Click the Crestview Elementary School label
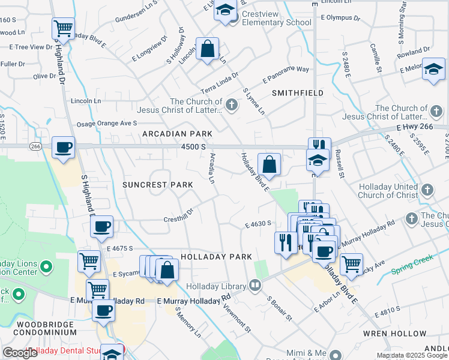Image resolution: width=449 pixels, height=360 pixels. click(276, 22)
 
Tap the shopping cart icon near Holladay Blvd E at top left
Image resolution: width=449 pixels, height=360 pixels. click(63, 28)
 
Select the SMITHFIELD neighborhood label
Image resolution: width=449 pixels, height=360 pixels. click(298, 93)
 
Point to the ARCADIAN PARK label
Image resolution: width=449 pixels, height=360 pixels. click(177, 133)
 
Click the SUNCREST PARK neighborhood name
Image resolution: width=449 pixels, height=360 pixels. click(157, 185)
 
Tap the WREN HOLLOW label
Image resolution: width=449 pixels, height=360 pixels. click(390, 333)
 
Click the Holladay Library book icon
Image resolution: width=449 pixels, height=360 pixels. click(256, 285)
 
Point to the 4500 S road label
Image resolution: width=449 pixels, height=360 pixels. click(194, 147)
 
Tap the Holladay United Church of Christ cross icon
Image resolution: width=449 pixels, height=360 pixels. click(427, 191)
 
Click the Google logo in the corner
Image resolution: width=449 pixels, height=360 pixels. click(20, 353)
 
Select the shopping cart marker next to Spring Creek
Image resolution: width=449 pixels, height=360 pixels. click(351, 263)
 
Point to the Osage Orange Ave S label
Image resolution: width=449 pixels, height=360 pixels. click(105, 124)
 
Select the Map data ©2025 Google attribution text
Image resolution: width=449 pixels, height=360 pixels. click(412, 355)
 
